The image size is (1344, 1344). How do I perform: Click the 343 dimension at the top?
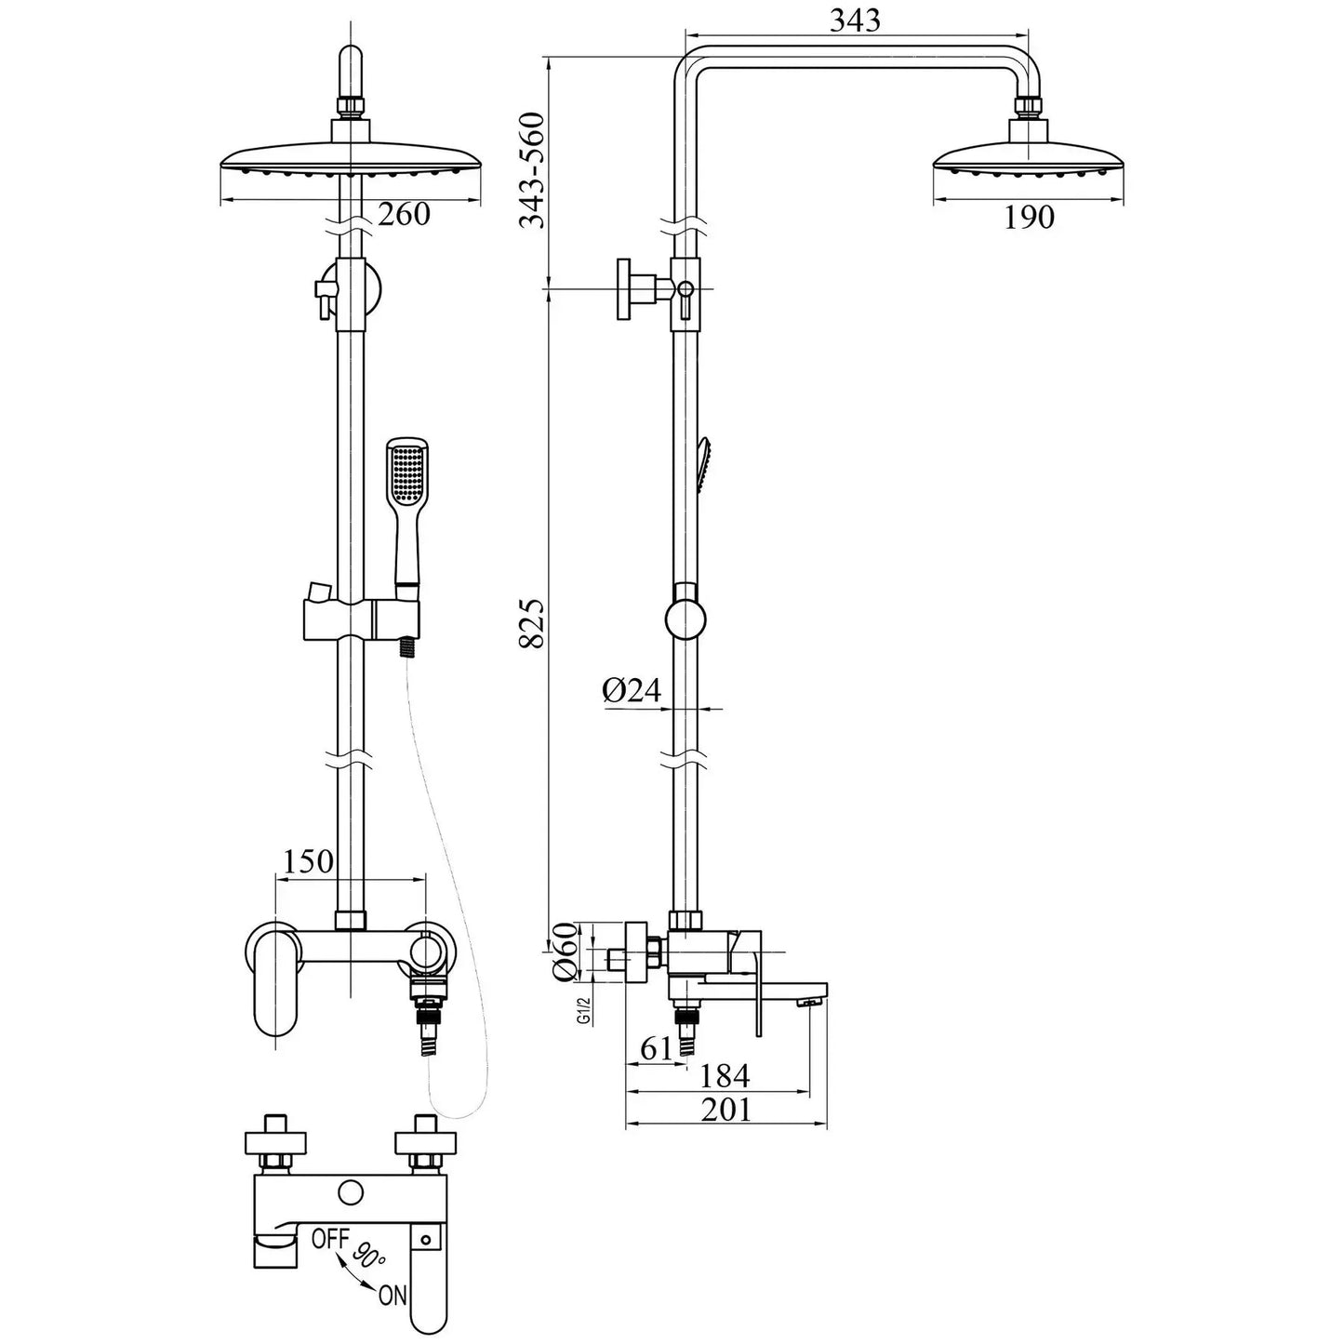pyautogui.click(x=854, y=20)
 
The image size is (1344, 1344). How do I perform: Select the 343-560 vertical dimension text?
pyautogui.click(x=531, y=170)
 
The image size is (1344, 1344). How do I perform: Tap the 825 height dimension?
pyautogui.click(x=531, y=624)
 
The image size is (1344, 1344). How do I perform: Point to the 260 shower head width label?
pyautogui.click(x=404, y=215)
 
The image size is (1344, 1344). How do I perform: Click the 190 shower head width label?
pyautogui.click(x=1029, y=218)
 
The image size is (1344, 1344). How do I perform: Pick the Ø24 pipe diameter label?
pyautogui.click(x=631, y=690)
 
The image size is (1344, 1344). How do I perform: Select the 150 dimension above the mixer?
pyautogui.click(x=307, y=861)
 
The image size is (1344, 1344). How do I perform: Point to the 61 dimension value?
pyautogui.click(x=657, y=1048)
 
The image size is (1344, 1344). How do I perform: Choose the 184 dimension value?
pyautogui.click(x=724, y=1076)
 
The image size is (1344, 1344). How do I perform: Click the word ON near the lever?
pyautogui.click(x=392, y=1296)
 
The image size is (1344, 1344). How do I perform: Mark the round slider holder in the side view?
pyautogui.click(x=686, y=619)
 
